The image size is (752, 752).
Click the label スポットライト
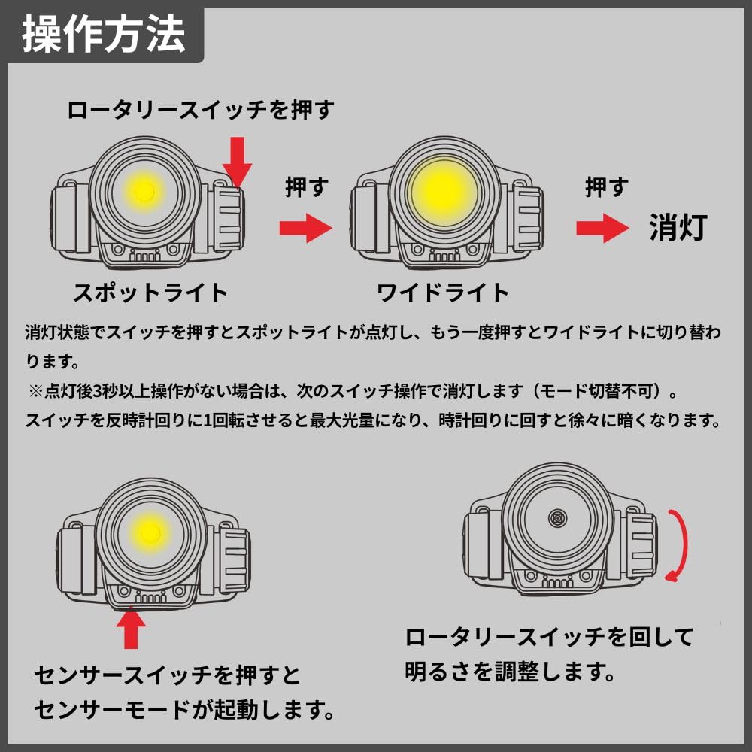(x=150, y=292)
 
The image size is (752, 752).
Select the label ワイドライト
(x=443, y=292)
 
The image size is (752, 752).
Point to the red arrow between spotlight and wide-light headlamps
(x=305, y=228)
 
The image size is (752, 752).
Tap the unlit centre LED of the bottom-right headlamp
(x=557, y=517)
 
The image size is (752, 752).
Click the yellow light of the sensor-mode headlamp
(x=148, y=532)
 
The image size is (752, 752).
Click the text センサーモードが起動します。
(x=184, y=708)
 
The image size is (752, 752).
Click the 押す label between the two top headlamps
(x=307, y=186)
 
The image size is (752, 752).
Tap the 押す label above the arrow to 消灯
(x=606, y=186)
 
